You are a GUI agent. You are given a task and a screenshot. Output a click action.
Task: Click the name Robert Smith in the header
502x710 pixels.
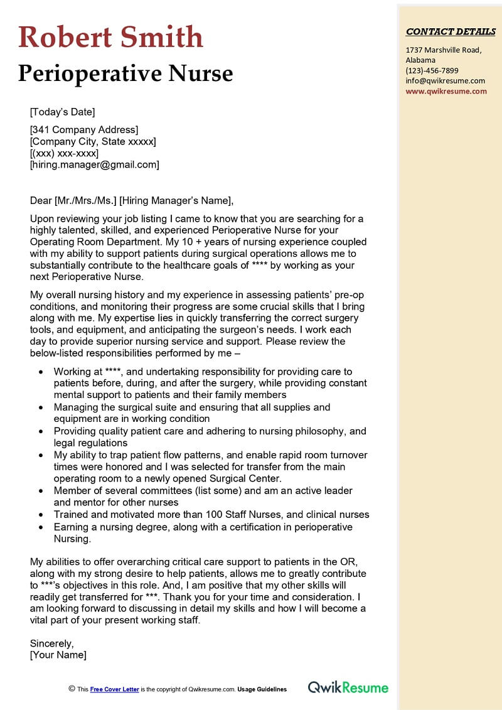point(110,37)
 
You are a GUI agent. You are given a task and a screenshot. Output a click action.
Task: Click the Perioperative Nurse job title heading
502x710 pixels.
point(125,73)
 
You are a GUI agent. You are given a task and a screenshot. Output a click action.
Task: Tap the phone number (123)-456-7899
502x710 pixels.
point(432,70)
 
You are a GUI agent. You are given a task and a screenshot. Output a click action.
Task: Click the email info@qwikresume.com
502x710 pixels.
point(445,80)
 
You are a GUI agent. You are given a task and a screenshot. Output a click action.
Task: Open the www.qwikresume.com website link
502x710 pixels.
point(446,91)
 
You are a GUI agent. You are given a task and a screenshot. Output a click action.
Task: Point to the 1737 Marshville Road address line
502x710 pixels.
point(443,50)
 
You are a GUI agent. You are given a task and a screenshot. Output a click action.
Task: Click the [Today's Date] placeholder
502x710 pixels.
point(62,112)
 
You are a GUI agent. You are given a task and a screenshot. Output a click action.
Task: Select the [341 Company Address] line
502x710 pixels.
point(83,130)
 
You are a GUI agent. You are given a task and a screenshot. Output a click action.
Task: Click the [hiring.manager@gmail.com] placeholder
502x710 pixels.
point(94,164)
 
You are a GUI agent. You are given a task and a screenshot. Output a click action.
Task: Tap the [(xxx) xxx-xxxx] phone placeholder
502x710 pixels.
point(64,153)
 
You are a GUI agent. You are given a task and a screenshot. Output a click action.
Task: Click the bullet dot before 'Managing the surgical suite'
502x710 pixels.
point(41,407)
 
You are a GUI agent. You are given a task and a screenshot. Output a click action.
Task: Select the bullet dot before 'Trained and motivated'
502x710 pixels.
point(41,515)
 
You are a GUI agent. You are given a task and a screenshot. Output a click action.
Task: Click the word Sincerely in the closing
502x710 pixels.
point(52,643)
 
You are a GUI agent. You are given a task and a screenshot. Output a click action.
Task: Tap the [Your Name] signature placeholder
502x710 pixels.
point(58,655)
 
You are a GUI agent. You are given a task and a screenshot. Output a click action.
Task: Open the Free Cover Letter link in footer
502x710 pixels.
point(114,689)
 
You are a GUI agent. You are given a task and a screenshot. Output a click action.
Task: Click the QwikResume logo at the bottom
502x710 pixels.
point(348,688)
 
